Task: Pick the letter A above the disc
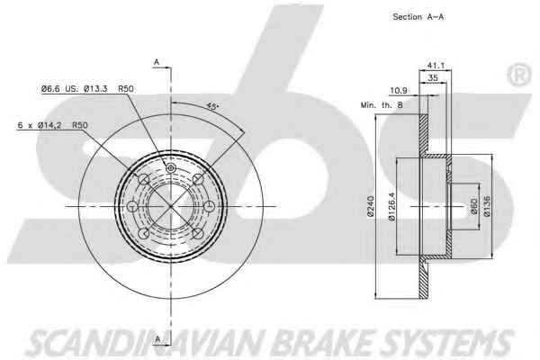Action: pos(157,62)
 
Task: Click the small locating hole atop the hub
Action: pos(171,170)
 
